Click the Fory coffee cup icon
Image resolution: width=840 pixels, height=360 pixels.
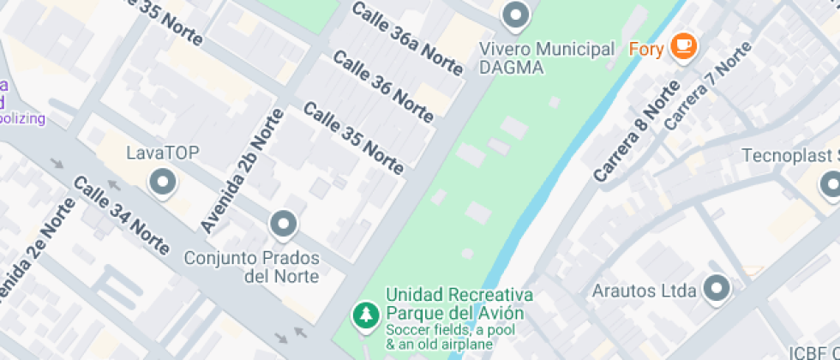click(x=683, y=46)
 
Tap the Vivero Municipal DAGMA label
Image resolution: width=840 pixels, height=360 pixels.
click(x=547, y=58)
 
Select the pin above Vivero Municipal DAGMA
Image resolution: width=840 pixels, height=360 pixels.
click(x=515, y=15)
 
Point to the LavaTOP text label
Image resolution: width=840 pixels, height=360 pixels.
click(x=162, y=153)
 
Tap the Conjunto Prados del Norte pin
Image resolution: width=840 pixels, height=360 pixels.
click(x=283, y=225)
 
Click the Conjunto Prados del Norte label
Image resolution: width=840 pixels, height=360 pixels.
click(x=252, y=267)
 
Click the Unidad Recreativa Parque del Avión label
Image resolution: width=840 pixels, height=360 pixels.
click(x=459, y=303)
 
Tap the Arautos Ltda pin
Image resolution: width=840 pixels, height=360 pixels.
click(x=717, y=288)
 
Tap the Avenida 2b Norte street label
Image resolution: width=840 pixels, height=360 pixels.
click(x=241, y=171)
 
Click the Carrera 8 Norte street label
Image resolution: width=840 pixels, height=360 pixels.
click(x=631, y=131)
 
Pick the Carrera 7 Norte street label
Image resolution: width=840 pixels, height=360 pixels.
click(x=707, y=86)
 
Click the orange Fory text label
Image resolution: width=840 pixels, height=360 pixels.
click(x=646, y=49)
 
